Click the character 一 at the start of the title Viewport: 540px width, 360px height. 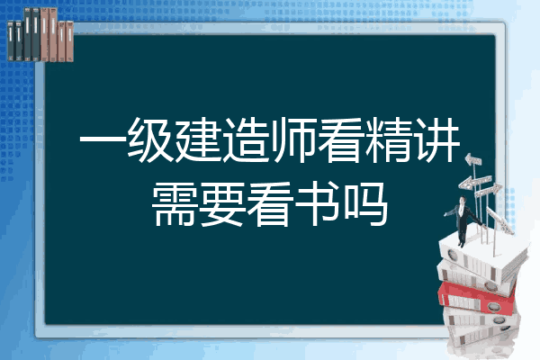click(x=101, y=139)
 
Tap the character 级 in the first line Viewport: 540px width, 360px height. click(x=149, y=139)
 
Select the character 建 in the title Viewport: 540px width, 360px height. click(x=196, y=139)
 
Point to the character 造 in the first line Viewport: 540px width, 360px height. click(x=245, y=139)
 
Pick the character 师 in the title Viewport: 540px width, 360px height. click(x=292, y=139)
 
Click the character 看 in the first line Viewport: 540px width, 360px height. click(x=340, y=139)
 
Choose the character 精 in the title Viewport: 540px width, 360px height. click(x=388, y=139)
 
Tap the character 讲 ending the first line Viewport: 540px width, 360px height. click(x=436, y=139)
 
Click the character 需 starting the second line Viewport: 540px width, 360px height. click(x=173, y=204)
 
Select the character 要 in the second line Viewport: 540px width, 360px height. click(x=221, y=204)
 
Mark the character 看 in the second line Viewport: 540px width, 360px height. click(x=269, y=204)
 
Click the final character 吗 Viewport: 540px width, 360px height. click(x=365, y=204)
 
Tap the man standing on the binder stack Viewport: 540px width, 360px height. click(x=463, y=220)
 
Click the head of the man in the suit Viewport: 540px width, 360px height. click(x=463, y=200)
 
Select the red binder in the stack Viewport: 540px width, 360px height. click(x=477, y=297)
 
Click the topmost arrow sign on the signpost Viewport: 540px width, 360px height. click(x=473, y=159)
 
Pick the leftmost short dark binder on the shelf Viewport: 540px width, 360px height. click(x=11, y=41)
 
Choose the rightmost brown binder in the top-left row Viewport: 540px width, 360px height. click(x=69, y=41)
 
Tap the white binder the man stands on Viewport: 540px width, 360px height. click(x=483, y=256)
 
